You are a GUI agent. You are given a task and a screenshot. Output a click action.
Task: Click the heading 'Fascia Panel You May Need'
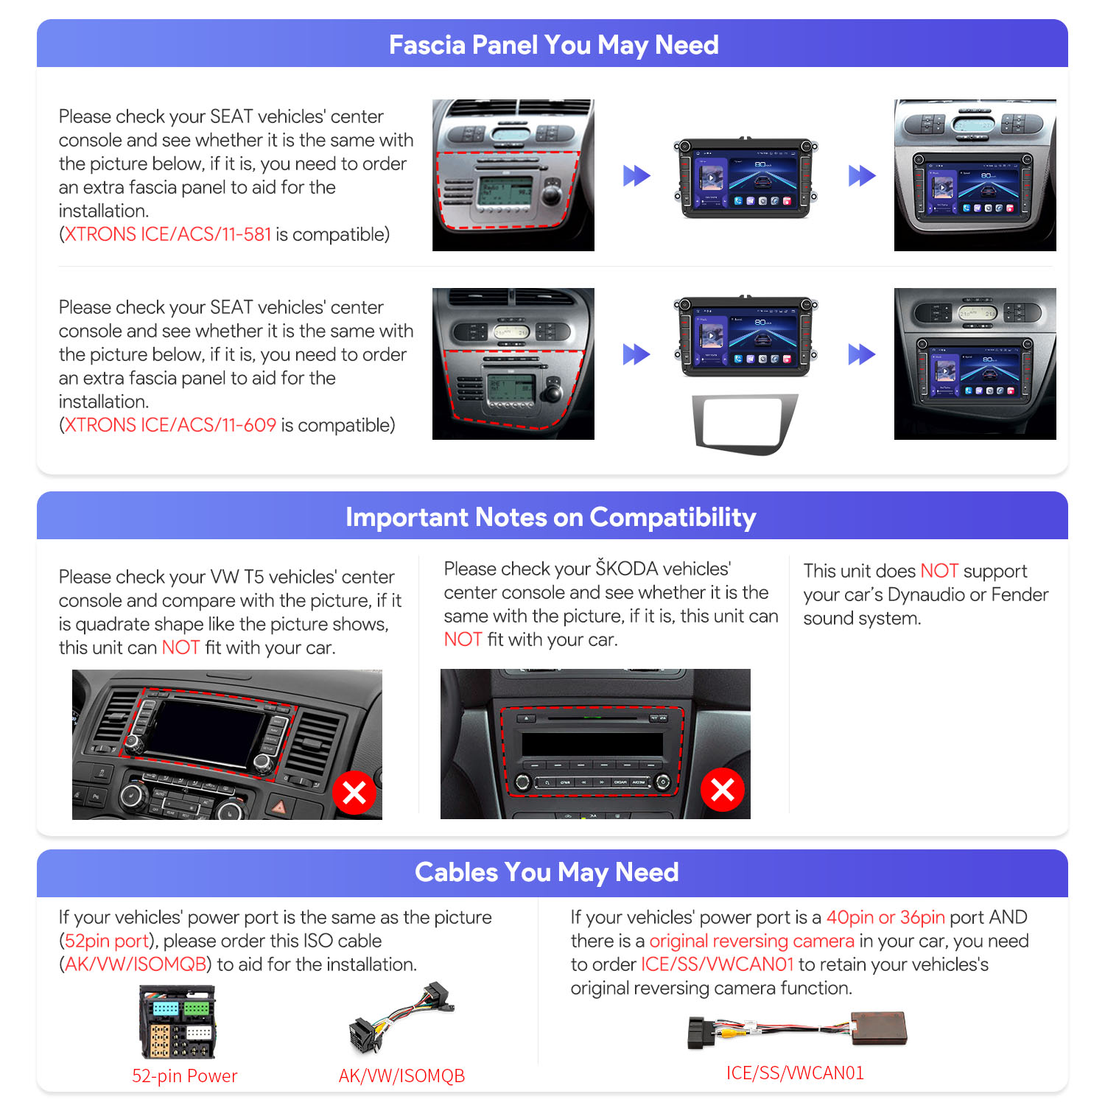click(x=553, y=45)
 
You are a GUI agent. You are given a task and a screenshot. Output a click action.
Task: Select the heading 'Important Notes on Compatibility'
click(x=551, y=517)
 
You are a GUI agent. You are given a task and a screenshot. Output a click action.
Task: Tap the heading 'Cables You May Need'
click(x=547, y=872)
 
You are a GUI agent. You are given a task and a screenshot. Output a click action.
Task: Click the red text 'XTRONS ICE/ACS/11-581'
click(x=168, y=234)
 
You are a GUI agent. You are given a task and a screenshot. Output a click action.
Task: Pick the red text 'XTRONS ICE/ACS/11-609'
click(x=170, y=425)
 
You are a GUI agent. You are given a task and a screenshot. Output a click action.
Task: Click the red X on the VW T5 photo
click(x=354, y=793)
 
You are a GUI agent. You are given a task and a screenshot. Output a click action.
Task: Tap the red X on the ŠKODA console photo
click(x=723, y=790)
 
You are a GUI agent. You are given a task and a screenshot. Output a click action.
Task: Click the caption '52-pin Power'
click(x=184, y=1076)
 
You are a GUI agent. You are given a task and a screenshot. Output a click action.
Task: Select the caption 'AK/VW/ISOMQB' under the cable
click(x=401, y=1076)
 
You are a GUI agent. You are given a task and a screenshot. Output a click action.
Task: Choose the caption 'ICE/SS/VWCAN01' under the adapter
click(x=795, y=1073)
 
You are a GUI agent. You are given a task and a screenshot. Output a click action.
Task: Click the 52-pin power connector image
click(x=178, y=1022)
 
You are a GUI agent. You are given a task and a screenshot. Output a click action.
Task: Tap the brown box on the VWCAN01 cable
click(x=879, y=1028)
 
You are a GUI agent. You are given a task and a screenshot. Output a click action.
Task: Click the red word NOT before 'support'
click(x=939, y=571)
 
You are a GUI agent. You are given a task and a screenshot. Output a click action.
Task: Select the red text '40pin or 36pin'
click(x=885, y=918)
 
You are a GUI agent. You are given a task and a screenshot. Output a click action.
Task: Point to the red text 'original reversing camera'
click(x=751, y=941)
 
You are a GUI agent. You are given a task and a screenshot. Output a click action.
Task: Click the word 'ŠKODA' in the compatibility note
click(x=627, y=568)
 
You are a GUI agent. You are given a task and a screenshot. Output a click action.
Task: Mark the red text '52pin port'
click(x=107, y=941)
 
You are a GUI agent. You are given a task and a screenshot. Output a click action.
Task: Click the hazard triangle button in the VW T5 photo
click(x=279, y=807)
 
